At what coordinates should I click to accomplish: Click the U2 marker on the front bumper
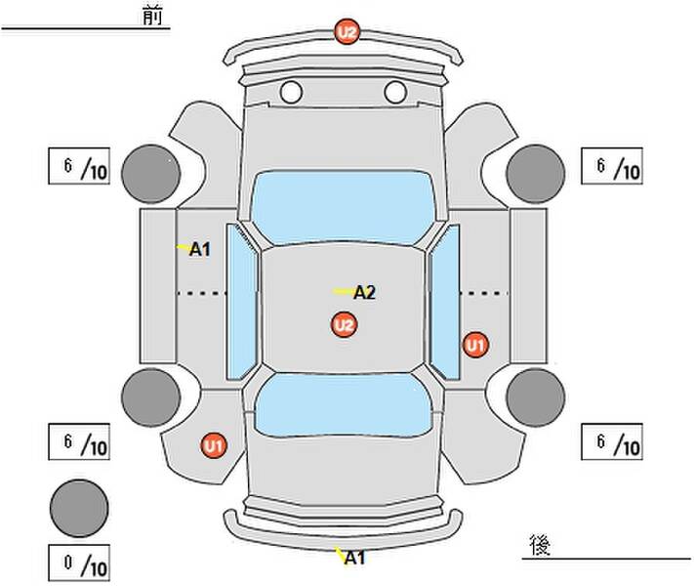pos(347,32)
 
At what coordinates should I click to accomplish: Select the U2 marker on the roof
pos(343,325)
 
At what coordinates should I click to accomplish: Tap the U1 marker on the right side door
pos(475,344)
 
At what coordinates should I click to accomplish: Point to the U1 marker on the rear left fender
pos(214,446)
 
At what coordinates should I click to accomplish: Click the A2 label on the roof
pos(364,292)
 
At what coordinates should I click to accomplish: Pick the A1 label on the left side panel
pos(199,250)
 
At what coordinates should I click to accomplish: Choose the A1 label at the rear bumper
pos(354,559)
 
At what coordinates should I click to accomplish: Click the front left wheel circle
pos(151,172)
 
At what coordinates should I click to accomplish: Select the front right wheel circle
pos(536,172)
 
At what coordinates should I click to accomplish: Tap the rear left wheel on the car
pos(151,397)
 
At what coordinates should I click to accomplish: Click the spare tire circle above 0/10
pos(78,506)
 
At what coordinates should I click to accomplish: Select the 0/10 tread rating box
pos(80,563)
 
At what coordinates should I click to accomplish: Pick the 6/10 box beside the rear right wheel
pos(612,441)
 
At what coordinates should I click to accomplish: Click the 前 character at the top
pos(152,16)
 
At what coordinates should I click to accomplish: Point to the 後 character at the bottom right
pos(538,543)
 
